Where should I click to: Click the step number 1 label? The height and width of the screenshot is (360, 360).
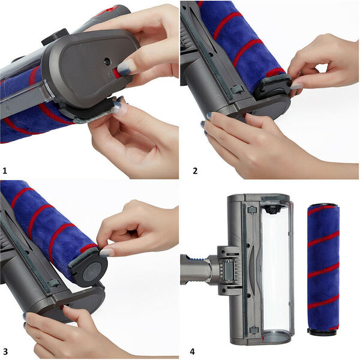point(5,170)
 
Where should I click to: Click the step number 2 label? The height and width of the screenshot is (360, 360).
point(195,171)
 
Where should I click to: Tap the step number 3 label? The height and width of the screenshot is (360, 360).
point(5,352)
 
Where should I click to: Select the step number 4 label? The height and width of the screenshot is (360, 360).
point(192,352)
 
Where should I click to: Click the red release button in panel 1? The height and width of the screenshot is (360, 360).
point(116,73)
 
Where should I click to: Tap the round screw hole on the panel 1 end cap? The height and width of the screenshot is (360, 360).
point(107,62)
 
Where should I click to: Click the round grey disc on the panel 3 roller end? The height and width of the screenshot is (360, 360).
point(92,272)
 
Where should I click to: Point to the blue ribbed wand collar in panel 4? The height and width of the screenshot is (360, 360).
point(198,258)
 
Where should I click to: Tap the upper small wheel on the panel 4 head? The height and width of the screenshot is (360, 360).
point(251,210)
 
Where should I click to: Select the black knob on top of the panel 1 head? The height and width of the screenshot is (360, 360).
point(55,37)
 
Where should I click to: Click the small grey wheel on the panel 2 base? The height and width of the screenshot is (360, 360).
point(237,89)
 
